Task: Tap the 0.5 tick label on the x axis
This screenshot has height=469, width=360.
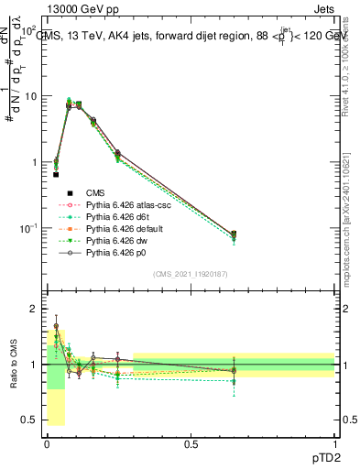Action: tap(191, 442)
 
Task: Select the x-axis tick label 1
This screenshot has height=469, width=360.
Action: tap(335, 442)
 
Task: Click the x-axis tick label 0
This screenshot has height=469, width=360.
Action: tap(47, 442)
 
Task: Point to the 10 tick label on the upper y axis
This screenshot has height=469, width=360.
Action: tap(29, 96)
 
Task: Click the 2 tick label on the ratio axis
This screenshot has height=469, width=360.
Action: tap(34, 309)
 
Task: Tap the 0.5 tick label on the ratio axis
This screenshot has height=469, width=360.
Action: tap(29, 420)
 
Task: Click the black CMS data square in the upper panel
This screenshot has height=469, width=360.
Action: tap(56, 174)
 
